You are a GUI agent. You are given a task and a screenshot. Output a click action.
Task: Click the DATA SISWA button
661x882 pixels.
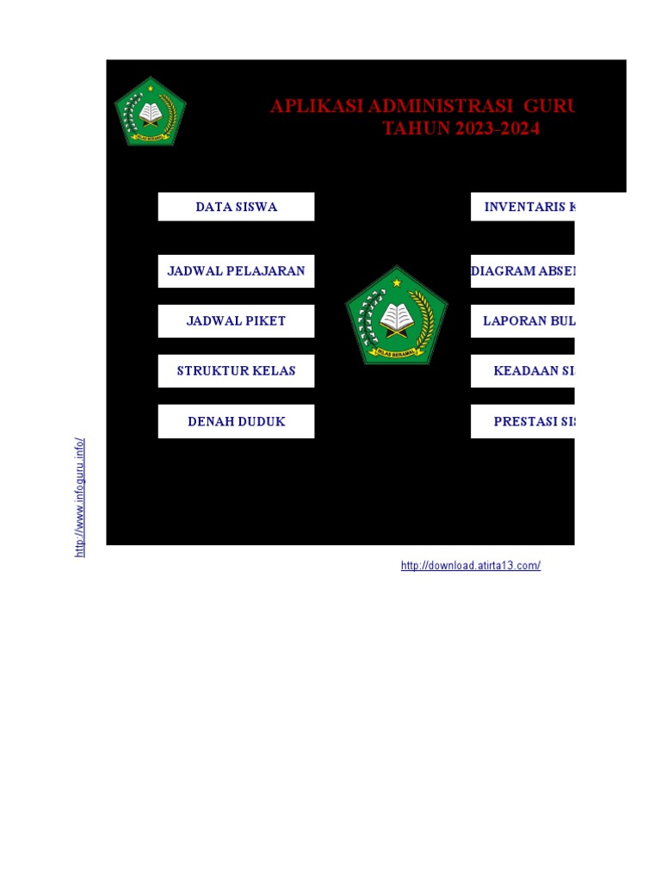[236, 207]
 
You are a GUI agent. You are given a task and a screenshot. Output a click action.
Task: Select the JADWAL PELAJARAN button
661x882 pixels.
[236, 270]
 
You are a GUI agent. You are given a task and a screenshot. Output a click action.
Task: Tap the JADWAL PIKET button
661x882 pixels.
[236, 320]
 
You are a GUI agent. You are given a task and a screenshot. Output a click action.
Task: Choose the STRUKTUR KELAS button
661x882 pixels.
[236, 370]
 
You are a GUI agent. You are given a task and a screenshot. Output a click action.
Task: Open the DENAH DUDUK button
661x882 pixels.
[236, 421]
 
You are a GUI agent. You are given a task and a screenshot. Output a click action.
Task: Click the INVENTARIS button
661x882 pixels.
[522, 207]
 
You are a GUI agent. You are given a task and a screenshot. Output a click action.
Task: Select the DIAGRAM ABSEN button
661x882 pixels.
[522, 270]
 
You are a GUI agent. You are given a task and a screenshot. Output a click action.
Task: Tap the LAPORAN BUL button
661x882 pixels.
[522, 320]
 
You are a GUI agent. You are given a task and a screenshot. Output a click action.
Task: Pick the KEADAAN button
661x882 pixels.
[522, 370]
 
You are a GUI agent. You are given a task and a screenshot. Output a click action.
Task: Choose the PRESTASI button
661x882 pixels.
[522, 421]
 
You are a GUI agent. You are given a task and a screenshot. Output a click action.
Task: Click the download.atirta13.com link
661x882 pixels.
[471, 566]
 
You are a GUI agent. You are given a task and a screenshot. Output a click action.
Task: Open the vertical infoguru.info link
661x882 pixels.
[80, 497]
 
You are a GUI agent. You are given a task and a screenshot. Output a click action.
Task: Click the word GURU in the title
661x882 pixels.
[550, 106]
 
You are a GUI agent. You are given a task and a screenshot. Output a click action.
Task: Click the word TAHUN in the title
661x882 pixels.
[411, 129]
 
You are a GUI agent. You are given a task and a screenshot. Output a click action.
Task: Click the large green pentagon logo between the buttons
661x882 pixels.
[397, 316]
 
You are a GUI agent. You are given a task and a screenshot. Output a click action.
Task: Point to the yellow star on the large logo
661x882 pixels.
[397, 283]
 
